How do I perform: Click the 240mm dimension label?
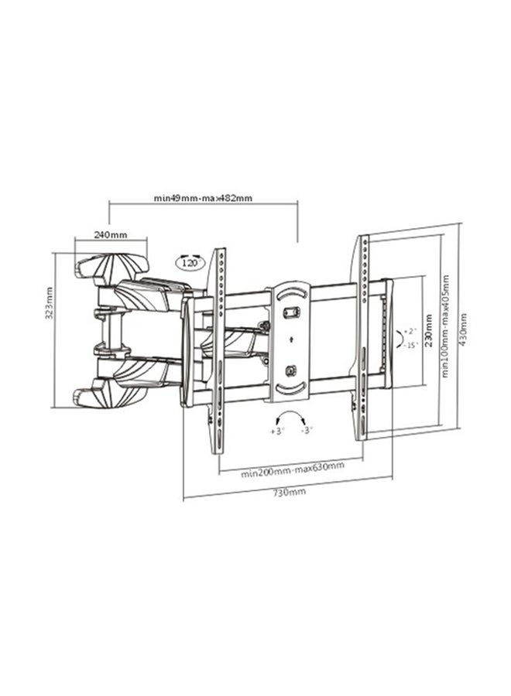[x=110, y=234]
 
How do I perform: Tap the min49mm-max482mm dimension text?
[x=203, y=198]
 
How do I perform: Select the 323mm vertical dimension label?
[x=50, y=302]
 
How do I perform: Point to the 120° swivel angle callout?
[x=190, y=262]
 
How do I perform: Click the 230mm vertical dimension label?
[x=428, y=331]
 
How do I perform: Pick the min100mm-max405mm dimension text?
[x=445, y=326]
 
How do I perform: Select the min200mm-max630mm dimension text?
[x=293, y=470]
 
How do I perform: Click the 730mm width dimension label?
[x=290, y=491]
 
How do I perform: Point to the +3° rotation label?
[x=277, y=431]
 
